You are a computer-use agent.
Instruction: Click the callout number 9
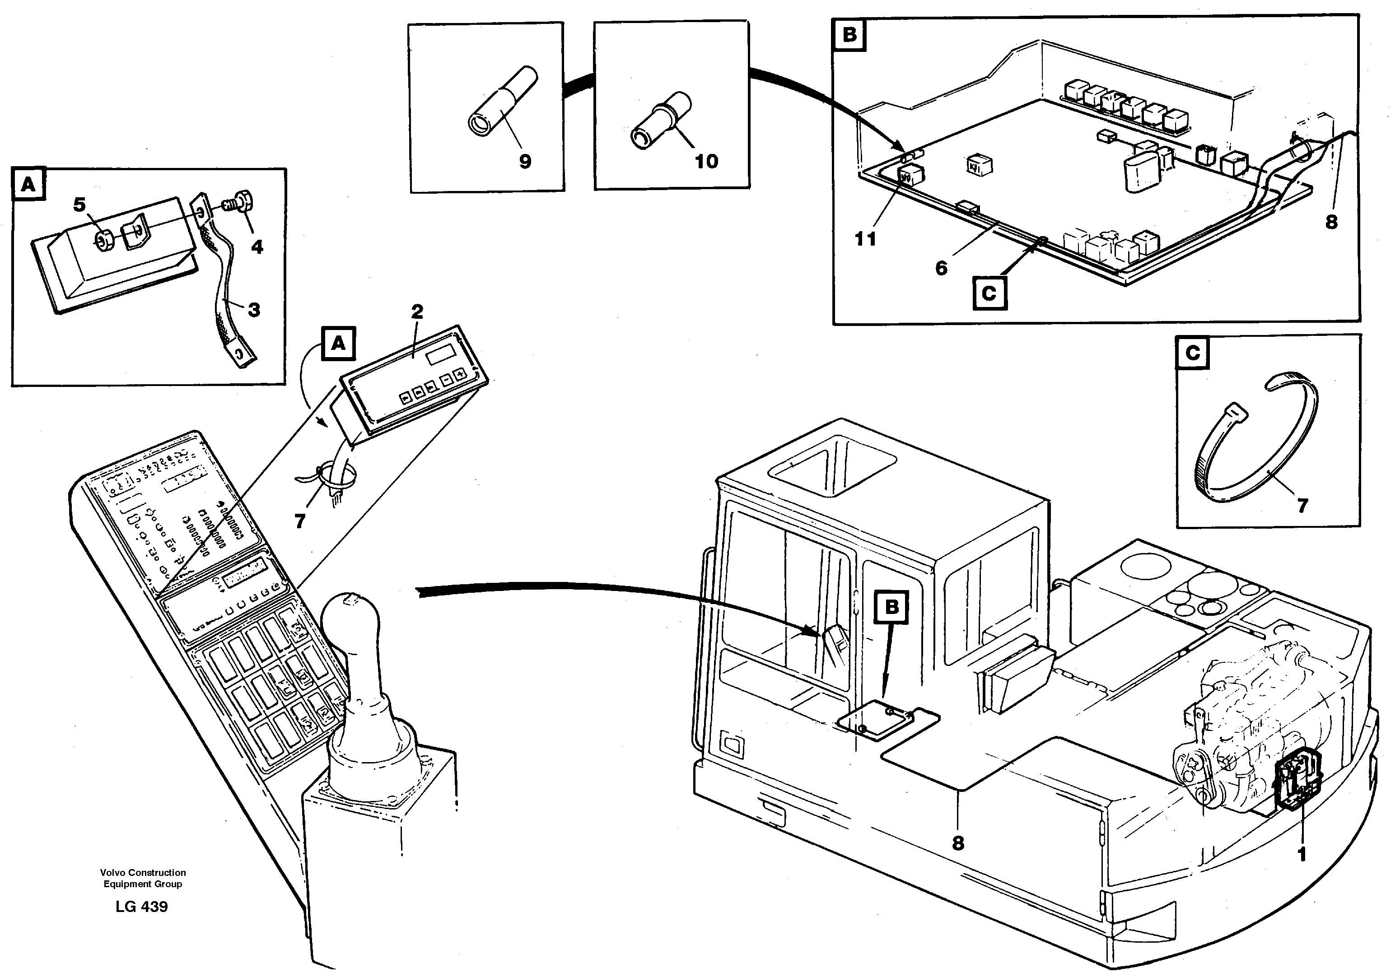tap(524, 162)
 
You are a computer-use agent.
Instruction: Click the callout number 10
tap(706, 162)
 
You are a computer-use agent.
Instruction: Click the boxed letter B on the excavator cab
tap(891, 607)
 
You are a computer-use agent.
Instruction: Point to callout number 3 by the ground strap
tap(254, 310)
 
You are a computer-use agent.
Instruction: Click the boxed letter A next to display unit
tap(338, 344)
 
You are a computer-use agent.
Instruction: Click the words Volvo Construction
tap(143, 873)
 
